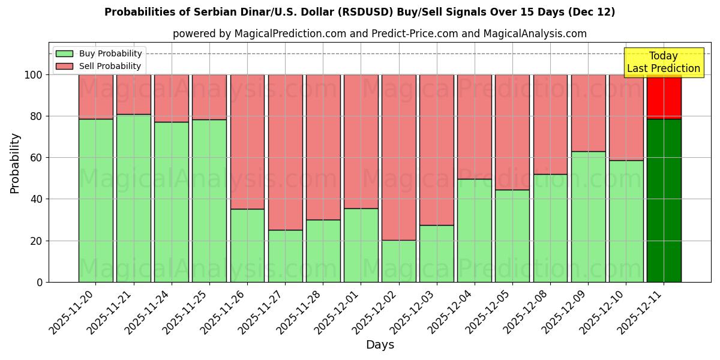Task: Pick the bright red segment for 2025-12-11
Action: tap(664, 97)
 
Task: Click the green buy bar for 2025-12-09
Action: tap(588, 217)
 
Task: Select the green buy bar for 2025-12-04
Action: tap(475, 230)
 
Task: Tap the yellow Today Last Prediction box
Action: tap(664, 62)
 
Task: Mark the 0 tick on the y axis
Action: tap(40, 282)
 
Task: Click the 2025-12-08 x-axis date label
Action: tap(528, 311)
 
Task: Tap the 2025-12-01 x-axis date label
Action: tap(338, 311)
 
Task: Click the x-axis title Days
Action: tap(380, 345)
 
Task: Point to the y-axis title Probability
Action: tap(15, 163)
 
